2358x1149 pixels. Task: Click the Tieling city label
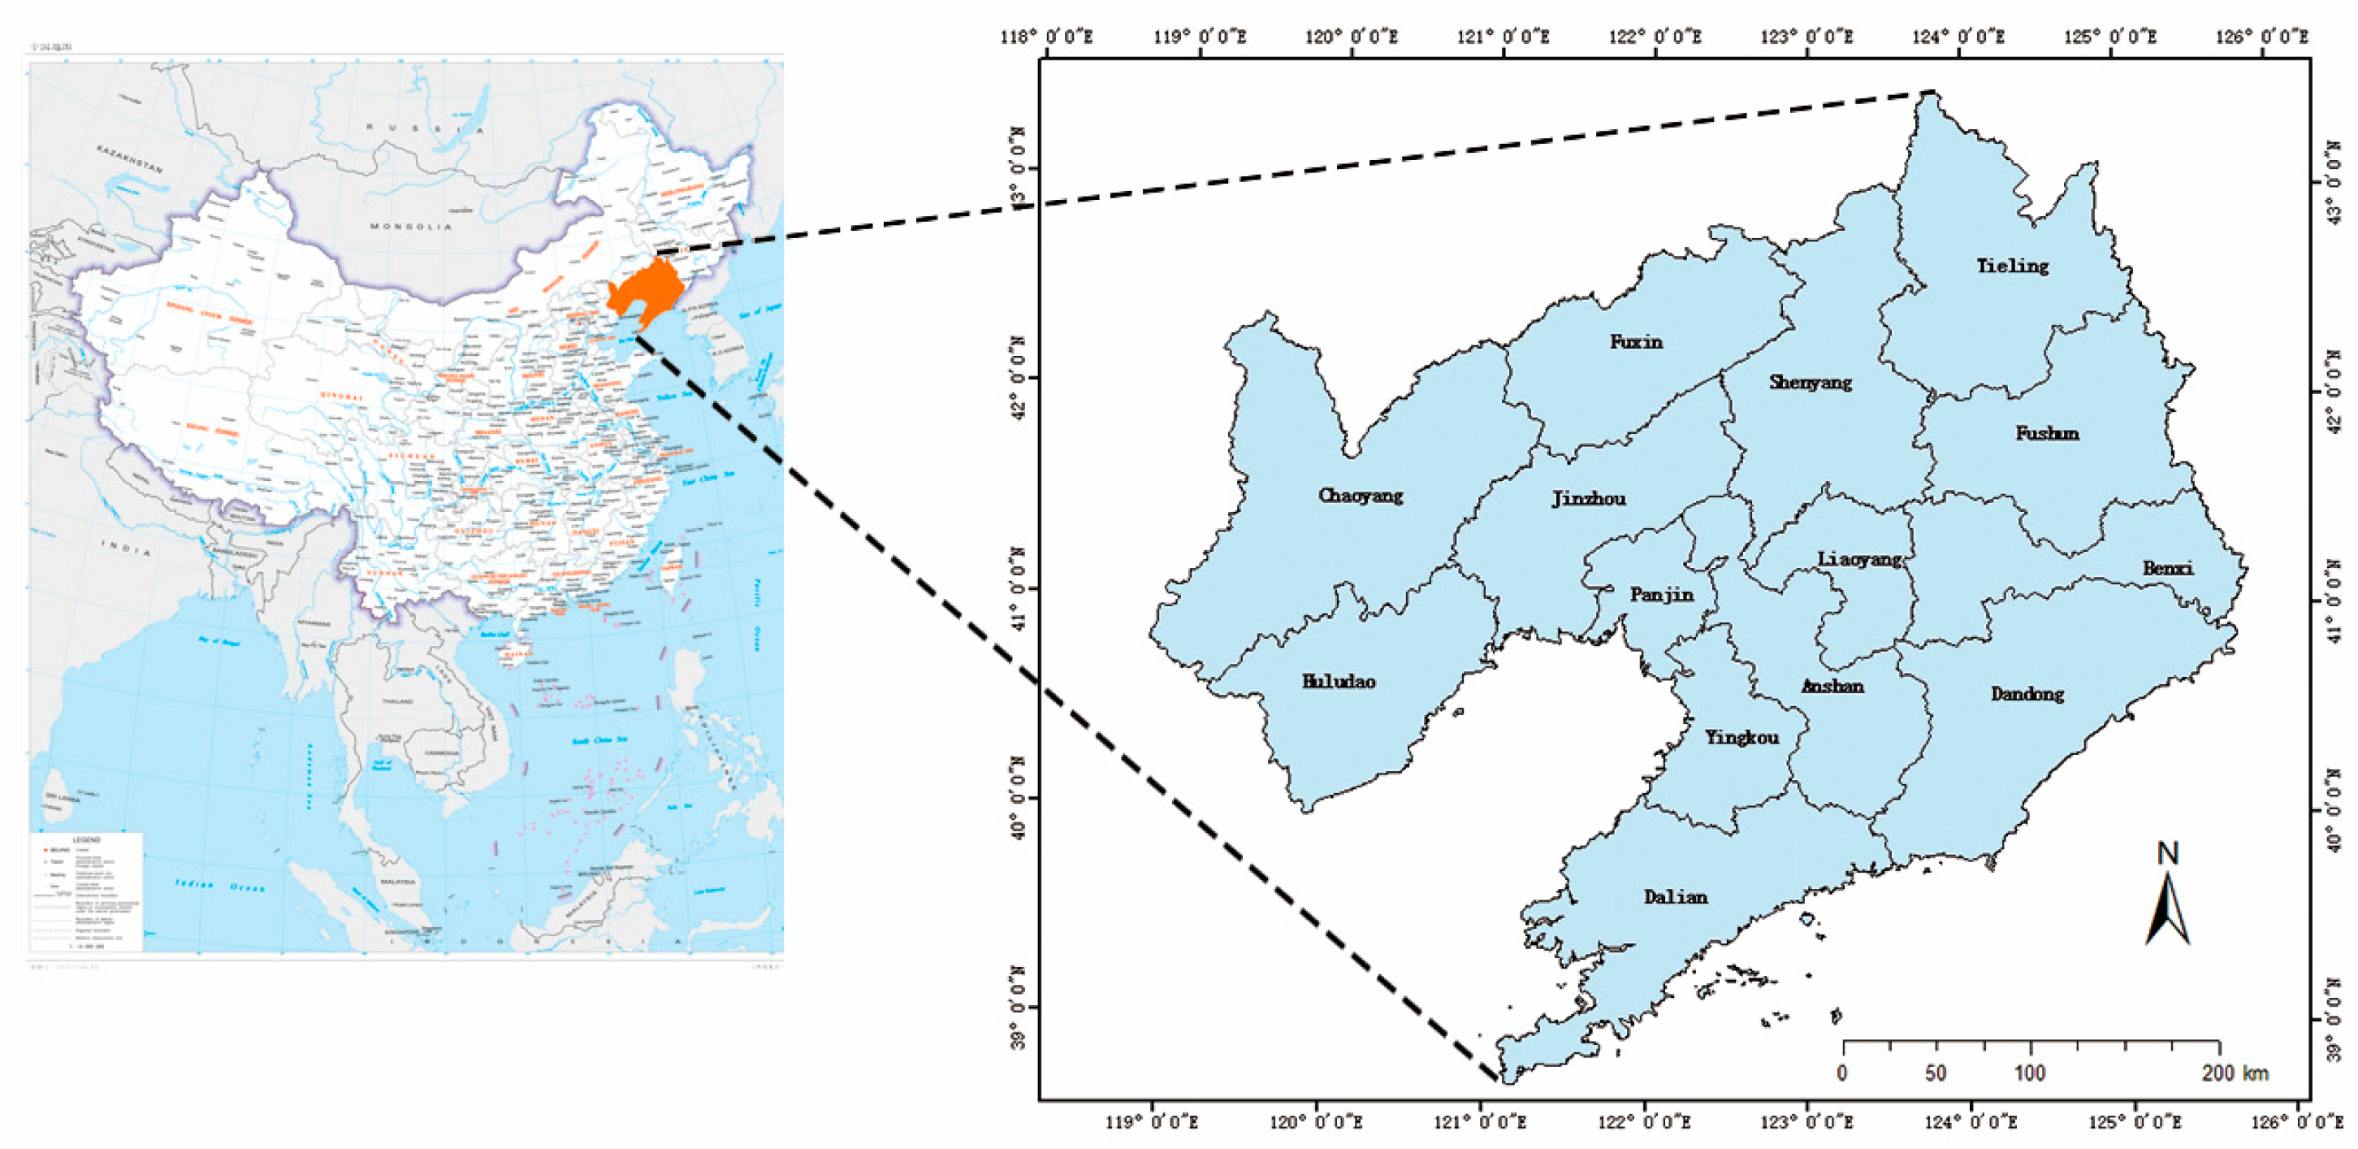2012,266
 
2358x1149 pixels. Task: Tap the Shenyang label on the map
1810,382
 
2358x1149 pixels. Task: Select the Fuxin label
1636,341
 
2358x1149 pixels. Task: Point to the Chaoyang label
1361,496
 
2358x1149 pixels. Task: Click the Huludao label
1339,681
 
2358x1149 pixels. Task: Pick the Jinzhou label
1588,498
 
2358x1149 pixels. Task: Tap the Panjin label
1661,594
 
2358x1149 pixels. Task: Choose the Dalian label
1675,896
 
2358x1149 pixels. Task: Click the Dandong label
2027,693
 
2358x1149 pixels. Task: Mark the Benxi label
2168,568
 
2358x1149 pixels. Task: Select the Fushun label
2047,432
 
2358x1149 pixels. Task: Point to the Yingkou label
1741,737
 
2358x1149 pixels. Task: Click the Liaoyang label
1859,558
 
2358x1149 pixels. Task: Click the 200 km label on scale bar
2235,1072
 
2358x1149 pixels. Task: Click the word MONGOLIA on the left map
411,226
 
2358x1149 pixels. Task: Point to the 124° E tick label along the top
1958,37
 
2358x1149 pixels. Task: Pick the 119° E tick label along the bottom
1152,1121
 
